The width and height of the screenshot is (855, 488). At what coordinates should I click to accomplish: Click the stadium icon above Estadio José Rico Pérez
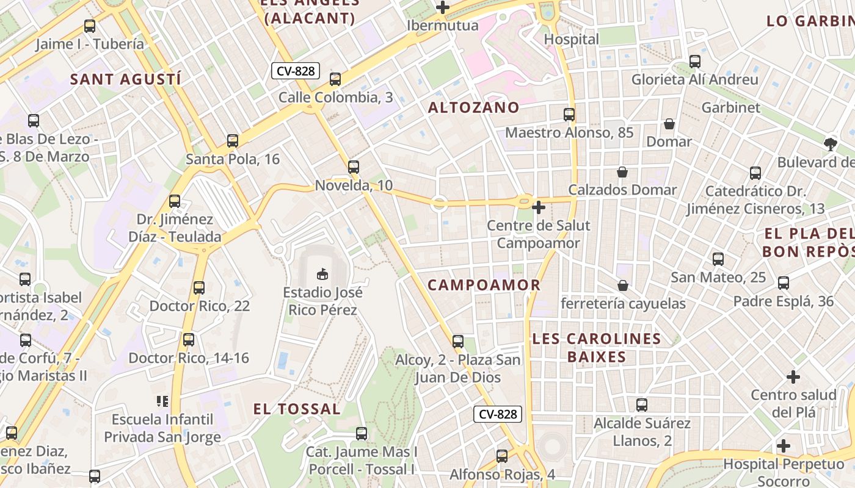click(322, 274)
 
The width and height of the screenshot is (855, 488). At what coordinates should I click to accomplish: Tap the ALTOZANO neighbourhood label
click(473, 108)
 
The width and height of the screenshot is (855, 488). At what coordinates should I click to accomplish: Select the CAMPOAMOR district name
click(484, 285)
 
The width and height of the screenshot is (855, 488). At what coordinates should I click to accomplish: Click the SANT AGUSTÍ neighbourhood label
click(125, 79)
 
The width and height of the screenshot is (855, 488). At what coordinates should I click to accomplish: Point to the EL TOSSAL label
click(297, 409)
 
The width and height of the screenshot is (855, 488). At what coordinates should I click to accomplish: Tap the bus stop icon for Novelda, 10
click(354, 167)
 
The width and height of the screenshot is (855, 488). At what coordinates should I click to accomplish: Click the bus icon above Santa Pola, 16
click(233, 141)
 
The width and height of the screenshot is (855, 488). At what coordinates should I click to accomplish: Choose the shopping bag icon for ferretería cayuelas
click(623, 285)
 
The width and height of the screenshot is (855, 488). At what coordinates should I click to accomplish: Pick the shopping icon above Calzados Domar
click(622, 172)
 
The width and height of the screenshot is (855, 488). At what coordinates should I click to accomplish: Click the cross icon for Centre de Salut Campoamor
click(538, 207)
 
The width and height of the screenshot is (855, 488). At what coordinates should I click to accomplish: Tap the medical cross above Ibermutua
click(443, 7)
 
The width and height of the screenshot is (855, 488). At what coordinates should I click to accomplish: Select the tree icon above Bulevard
click(830, 145)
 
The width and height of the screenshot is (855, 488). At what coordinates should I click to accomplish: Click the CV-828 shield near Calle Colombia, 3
click(296, 71)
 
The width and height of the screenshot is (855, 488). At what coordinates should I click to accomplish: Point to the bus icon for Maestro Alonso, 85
click(569, 115)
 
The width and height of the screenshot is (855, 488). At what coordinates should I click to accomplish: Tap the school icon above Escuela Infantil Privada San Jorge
click(162, 401)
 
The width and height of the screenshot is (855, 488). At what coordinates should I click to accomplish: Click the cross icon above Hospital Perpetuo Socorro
click(784, 446)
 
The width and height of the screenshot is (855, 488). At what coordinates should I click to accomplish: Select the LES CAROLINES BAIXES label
click(597, 348)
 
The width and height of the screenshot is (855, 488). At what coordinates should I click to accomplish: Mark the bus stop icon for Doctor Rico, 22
click(199, 288)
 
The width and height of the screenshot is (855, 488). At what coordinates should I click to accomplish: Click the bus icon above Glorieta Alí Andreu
click(695, 62)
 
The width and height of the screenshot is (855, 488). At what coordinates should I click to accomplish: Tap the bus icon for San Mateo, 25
click(718, 259)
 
